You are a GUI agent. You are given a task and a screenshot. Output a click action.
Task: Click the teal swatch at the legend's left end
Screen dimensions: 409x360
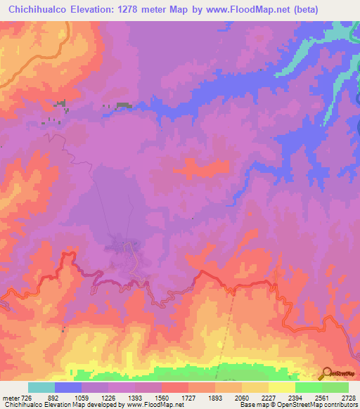(41, 387)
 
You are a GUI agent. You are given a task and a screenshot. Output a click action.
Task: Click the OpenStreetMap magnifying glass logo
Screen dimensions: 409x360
(327, 374)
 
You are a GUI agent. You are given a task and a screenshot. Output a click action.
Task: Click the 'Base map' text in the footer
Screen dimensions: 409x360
(251, 404)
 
